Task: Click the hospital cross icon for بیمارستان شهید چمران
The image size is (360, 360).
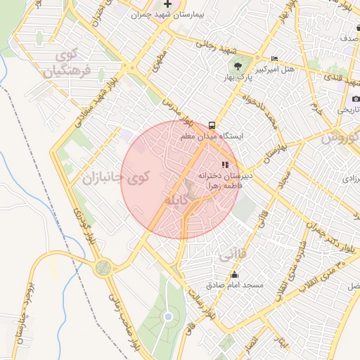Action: click(x=167, y=4)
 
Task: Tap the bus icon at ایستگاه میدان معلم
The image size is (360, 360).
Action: click(x=212, y=122)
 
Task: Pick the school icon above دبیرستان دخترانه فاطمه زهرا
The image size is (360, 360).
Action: click(x=225, y=165)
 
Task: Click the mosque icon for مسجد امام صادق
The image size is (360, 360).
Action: click(x=234, y=275)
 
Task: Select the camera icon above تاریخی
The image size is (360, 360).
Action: click(x=356, y=98)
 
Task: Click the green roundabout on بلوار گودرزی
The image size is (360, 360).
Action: click(x=104, y=267)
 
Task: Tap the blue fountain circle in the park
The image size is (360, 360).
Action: click(x=167, y=317)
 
